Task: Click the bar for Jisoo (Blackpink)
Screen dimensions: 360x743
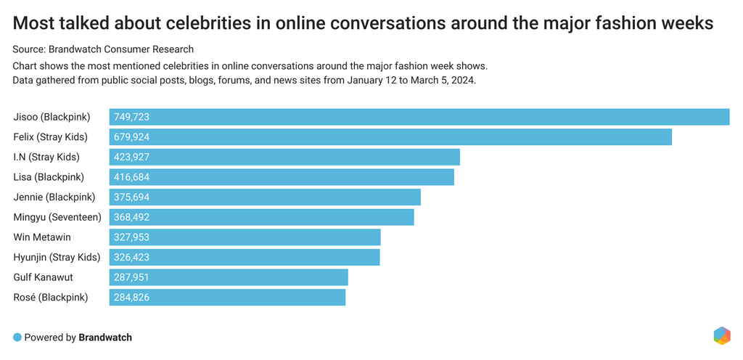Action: (x=419, y=117)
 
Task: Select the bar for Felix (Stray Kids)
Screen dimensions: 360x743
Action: (x=390, y=137)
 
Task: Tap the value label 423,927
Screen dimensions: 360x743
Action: (x=132, y=157)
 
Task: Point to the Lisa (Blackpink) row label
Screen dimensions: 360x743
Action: (x=49, y=177)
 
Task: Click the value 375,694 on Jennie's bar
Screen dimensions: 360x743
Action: (x=132, y=197)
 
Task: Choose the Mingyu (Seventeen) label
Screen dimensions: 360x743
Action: (x=57, y=217)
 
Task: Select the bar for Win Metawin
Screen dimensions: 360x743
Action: (x=245, y=237)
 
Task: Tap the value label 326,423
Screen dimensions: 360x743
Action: (x=132, y=257)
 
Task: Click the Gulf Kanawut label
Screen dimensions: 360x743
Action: (x=44, y=277)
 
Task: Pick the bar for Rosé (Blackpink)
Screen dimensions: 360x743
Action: (x=228, y=297)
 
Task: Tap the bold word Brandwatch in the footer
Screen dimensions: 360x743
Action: (x=105, y=337)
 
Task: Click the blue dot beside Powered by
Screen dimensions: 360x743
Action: (x=17, y=337)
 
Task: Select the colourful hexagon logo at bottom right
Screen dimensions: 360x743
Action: (x=721, y=335)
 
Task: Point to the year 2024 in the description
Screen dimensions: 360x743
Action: (x=462, y=80)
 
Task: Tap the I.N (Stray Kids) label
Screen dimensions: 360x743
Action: (x=46, y=157)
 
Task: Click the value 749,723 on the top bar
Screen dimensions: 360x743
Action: (x=132, y=117)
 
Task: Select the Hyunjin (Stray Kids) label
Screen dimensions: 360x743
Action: (x=57, y=257)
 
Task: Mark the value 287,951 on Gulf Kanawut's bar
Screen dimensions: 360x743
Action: (x=132, y=277)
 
